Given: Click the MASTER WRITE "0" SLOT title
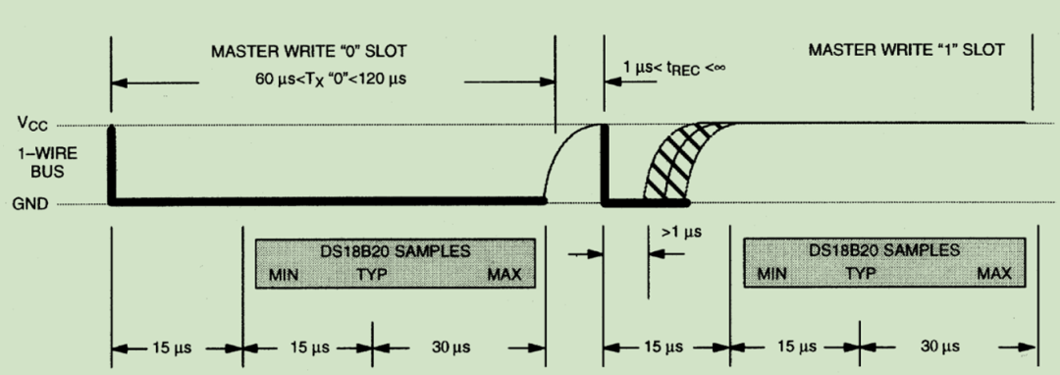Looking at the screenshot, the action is pyautogui.click(x=309, y=51).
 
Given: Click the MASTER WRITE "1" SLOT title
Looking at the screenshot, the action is pyautogui.click(x=907, y=50).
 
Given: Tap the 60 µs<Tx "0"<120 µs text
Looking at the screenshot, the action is pyautogui.click(x=331, y=80).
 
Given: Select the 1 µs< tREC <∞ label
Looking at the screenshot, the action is pyautogui.click(x=674, y=69).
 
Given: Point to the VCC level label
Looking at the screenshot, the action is pyautogui.click(x=32, y=125).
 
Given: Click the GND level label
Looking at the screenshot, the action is pyautogui.click(x=30, y=204).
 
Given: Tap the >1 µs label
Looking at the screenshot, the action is pyautogui.click(x=681, y=233).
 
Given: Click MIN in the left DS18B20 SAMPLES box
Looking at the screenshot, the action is pyautogui.click(x=284, y=275).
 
